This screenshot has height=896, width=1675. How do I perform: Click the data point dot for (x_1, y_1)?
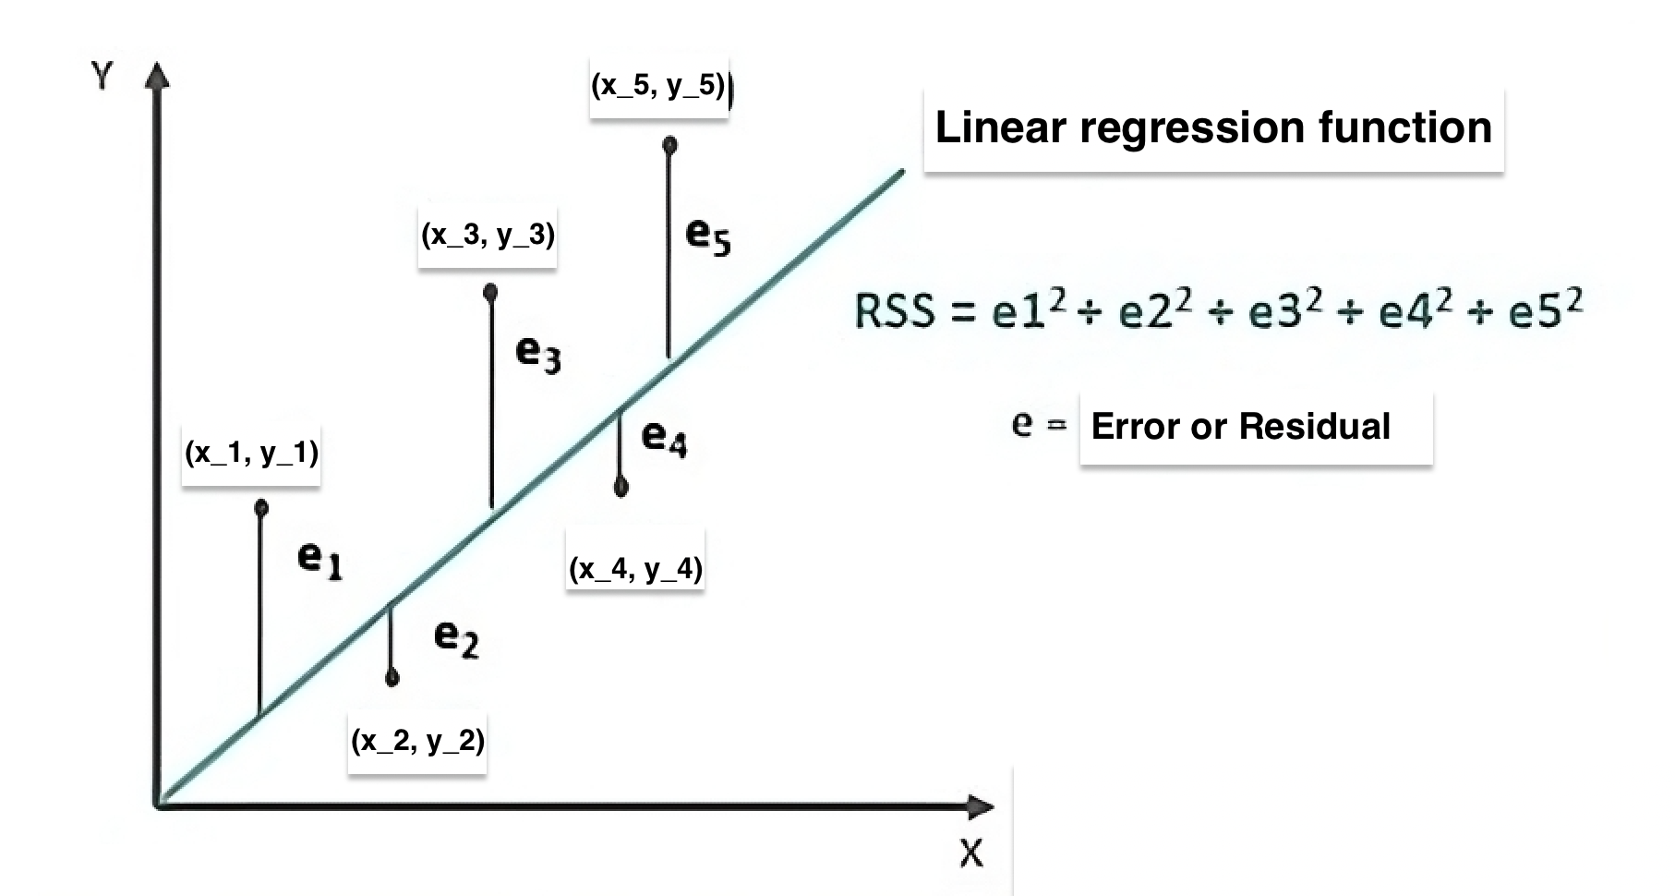pos(261,507)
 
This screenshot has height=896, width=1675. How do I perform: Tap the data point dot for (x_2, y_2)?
pos(392,679)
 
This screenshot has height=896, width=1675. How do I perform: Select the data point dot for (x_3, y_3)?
pos(490,293)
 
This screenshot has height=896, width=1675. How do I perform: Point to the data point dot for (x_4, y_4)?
pos(621,486)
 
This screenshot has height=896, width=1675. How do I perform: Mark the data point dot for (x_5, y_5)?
pos(670,145)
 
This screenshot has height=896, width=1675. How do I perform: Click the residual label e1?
pos(319,558)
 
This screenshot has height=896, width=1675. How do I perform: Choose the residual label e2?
pos(456,637)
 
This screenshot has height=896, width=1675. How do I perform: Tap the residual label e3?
pos(538,353)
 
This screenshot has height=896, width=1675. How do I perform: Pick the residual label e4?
pos(664,437)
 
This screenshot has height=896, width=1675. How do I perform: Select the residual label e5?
pos(708,236)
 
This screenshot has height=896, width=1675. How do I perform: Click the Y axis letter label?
pos(102,76)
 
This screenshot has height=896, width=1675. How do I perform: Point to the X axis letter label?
pos(970,853)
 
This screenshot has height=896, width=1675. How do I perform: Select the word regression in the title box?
pos(1192,128)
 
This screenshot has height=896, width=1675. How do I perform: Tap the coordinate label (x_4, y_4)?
pos(635,567)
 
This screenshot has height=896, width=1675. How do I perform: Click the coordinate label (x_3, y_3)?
pos(488,235)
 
